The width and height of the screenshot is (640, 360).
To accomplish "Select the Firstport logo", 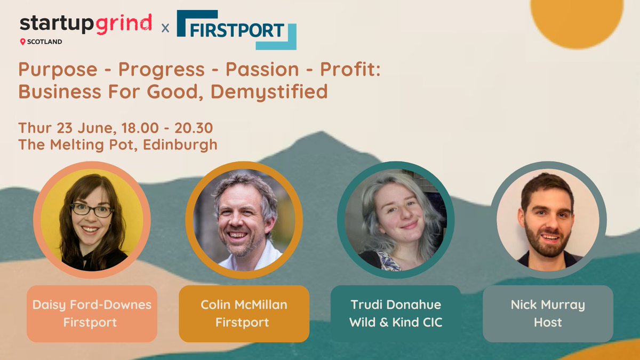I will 236,29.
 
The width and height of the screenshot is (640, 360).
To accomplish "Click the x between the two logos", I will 165,28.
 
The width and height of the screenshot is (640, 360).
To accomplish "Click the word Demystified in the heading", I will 269,92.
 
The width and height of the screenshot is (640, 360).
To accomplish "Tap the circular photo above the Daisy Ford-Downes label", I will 91,220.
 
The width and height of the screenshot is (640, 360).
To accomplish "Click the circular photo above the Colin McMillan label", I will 244,220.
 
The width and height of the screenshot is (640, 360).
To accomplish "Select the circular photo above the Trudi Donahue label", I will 396,220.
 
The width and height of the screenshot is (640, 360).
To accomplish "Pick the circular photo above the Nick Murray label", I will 548,220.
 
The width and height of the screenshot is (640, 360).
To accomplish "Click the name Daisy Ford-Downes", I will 92,305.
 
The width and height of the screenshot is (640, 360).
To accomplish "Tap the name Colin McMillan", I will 244,305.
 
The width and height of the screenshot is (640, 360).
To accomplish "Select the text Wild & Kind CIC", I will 396,322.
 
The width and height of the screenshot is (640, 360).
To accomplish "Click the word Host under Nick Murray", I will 548,322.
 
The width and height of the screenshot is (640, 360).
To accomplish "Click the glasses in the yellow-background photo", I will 91,210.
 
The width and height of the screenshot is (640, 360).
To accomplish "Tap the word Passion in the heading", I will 262,69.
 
